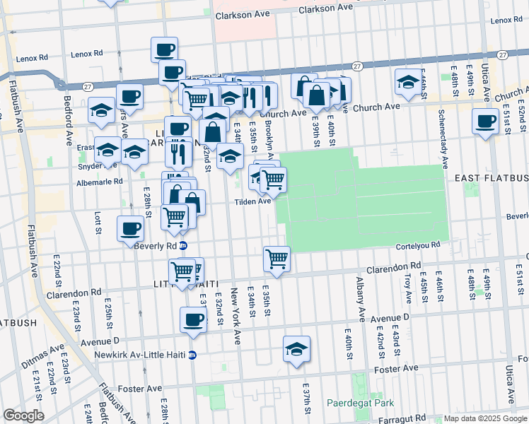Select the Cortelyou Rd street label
pos(422,245)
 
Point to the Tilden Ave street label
pos(253,201)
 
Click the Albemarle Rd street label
pos(99,182)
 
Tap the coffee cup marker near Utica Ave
pos(486,122)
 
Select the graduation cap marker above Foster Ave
pos(296,348)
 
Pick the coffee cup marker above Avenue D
pos(193,319)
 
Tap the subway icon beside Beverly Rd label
pos(183,246)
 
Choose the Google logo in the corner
pos(23,416)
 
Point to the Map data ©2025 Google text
pos(485,418)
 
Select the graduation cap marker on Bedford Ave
pos(102,110)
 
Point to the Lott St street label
pos(98,220)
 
